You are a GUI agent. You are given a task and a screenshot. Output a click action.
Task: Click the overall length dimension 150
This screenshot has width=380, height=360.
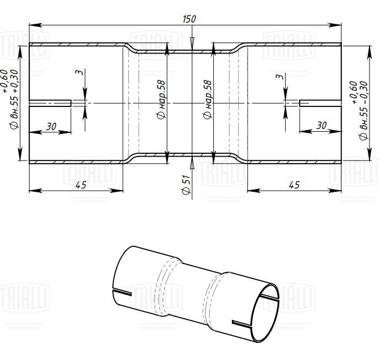(189, 19)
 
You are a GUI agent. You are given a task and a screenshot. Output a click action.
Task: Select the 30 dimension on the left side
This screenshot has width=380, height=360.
(51, 126)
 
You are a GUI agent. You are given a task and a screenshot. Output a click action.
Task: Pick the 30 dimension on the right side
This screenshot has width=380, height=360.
(322, 126)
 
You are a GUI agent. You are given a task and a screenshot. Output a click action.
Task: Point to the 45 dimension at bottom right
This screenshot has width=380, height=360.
(294, 185)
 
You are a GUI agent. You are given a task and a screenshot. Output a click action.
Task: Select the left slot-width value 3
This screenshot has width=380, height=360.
(80, 73)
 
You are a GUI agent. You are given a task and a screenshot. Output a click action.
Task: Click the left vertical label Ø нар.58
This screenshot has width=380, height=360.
(160, 100)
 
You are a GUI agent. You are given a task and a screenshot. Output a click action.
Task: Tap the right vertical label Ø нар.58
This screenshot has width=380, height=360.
(207, 100)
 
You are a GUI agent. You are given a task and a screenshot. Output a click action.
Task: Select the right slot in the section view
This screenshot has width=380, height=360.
(319, 103)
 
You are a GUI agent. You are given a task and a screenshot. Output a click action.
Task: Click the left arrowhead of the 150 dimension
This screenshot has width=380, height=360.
(32, 24)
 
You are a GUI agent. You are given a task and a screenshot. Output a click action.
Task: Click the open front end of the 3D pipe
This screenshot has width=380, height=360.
(262, 312)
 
